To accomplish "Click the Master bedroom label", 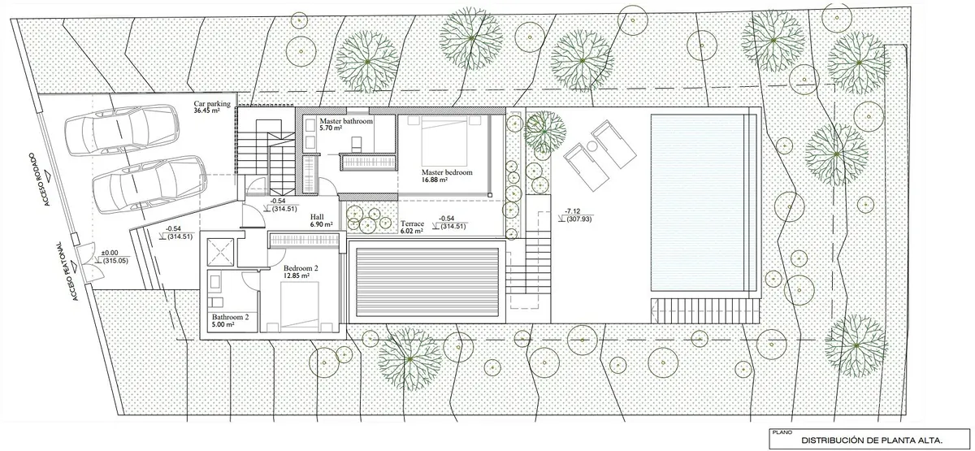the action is pyautogui.click(x=447, y=172).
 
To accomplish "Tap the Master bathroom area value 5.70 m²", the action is pyautogui.click(x=331, y=128).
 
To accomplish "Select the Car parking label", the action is pyautogui.click(x=212, y=104).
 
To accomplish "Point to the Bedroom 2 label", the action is pyautogui.click(x=301, y=268).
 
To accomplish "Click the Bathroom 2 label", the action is pyautogui.click(x=230, y=318).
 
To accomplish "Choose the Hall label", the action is pyautogui.click(x=317, y=217).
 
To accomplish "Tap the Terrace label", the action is pyautogui.click(x=412, y=223).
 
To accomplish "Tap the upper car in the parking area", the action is pyautogui.click(x=122, y=129).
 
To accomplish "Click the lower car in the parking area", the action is pyautogui.click(x=149, y=184).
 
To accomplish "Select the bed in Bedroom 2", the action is pyautogui.click(x=300, y=306).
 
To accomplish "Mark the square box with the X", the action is pyautogui.click(x=222, y=252).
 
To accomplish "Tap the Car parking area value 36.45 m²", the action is pyautogui.click(x=206, y=111).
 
